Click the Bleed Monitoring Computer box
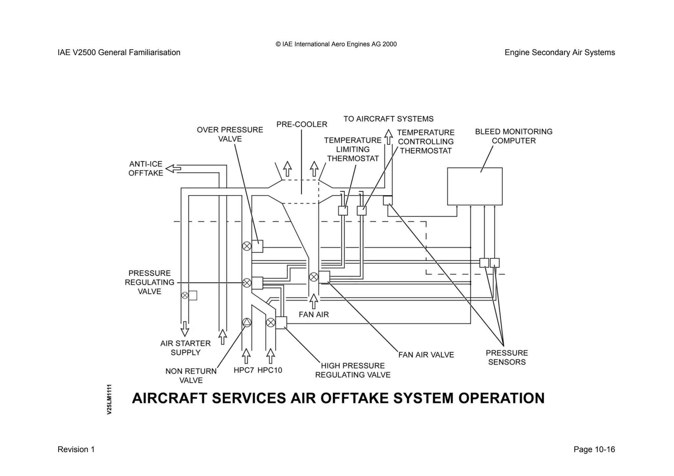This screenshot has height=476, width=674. pos(475,186)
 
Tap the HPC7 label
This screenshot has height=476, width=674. pos(244,370)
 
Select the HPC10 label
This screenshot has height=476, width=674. pos(270,370)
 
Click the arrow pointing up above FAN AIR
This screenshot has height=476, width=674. pos(314,301)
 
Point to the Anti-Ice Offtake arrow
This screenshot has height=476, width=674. pos(173,169)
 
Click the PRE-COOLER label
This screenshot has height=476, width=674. pos(301,124)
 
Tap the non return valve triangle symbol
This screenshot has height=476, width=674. pos(246,322)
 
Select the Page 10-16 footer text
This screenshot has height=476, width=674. pos(594,449)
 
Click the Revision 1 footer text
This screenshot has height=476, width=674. pos(76,449)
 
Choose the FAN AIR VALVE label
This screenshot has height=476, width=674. pos(426,355)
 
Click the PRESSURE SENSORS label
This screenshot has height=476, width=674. pos(506,358)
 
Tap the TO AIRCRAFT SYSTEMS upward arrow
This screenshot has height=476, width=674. pos(389,137)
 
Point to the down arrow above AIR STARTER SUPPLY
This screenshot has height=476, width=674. pos(185,328)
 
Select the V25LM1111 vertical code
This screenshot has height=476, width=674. pos(109,399)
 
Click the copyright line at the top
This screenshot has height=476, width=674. pos(336,44)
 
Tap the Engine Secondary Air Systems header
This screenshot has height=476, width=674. pos(559,53)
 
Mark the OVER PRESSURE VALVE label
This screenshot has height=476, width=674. pos(230,134)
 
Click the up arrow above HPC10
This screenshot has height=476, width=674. pos(271,356)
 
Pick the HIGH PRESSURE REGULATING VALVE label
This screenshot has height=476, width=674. pos(352,370)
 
